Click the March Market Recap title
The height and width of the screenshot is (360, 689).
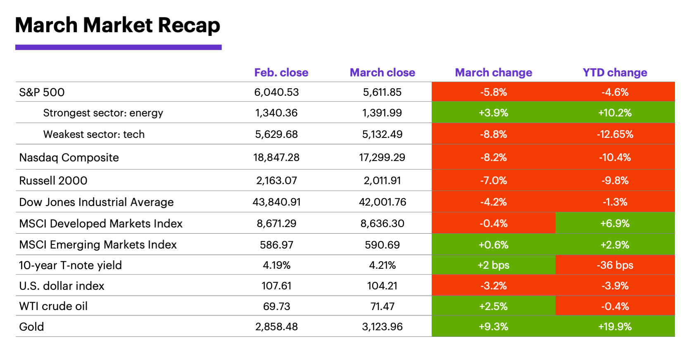point(117,25)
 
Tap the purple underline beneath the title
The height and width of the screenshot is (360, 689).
point(118,47)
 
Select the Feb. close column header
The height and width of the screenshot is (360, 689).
point(281,73)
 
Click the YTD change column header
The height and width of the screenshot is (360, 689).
point(615,73)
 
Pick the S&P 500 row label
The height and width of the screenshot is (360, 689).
point(42,92)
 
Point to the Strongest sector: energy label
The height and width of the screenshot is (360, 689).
point(103,113)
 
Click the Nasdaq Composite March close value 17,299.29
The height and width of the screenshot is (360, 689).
point(382,157)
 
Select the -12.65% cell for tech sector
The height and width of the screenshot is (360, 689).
point(615,134)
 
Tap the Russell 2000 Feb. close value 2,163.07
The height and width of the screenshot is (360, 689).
point(276,180)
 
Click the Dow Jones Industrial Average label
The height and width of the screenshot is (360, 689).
point(96,202)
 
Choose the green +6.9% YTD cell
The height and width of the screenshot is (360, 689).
point(615,223)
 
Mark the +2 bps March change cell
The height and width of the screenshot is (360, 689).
point(493,265)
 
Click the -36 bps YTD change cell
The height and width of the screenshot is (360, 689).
point(615,265)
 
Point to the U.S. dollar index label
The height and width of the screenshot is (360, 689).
point(62,286)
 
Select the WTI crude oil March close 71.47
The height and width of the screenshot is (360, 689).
point(382,306)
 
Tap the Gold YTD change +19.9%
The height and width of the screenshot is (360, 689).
point(615,327)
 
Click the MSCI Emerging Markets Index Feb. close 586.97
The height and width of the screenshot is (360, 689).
point(276,245)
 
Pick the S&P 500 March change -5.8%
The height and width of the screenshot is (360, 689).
point(493,92)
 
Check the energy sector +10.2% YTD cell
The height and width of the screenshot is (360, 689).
point(615,113)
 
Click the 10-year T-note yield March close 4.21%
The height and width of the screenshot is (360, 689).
point(382,265)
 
